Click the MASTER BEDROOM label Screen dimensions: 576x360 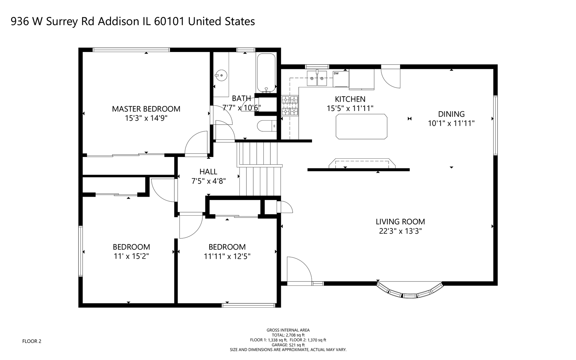(x=146, y=109)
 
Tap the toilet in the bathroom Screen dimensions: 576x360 (x=267, y=126)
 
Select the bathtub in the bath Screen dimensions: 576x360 (x=266, y=73)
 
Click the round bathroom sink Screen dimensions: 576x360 (x=221, y=75)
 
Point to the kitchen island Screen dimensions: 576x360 (x=362, y=126)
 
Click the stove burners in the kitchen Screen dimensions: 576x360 (x=290, y=105)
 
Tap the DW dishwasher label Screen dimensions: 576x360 (x=336, y=73)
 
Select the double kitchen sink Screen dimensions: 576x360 (x=317, y=78)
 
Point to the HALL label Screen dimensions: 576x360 (x=208, y=172)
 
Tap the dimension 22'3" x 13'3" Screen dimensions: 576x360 (x=400, y=231)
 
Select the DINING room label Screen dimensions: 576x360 (x=451, y=114)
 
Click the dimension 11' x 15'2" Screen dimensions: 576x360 (x=131, y=256)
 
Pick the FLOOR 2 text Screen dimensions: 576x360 (x=32, y=341)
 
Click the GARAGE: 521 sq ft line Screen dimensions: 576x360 (x=288, y=345)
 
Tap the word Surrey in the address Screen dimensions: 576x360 (x=63, y=21)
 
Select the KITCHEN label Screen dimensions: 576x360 (x=350, y=99)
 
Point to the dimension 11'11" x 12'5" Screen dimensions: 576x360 (x=227, y=256)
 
